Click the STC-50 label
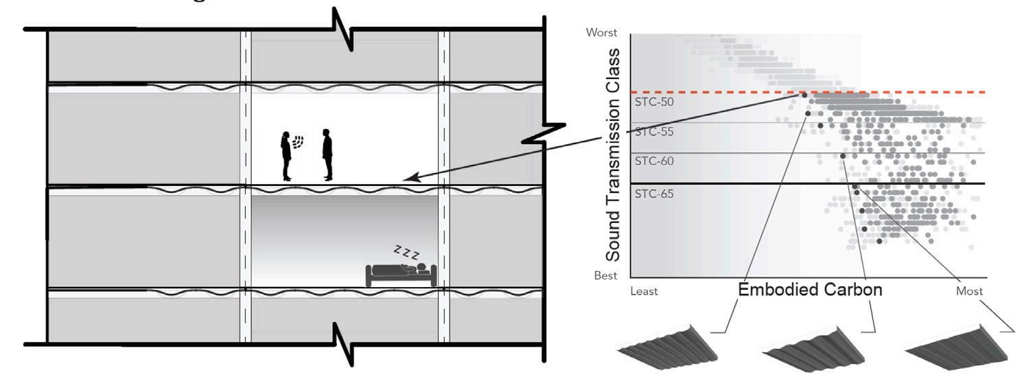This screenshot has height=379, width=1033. pos(654,102)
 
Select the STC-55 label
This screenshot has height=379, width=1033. pos(654,131)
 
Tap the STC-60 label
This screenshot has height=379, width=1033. pos(654,161)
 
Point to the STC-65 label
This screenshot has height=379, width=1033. pos(654,194)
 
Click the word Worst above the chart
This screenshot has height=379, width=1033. pos(601,32)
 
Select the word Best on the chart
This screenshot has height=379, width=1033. pos(605,276)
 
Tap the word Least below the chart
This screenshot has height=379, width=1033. pos(644,291)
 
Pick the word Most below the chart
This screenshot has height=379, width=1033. pos(969,291)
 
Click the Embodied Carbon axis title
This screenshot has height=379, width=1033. pos(810,290)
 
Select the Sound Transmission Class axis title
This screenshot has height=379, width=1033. pos(613,155)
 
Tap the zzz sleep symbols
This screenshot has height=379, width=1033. pos(406,252)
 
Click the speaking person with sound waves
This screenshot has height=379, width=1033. pos(286,156)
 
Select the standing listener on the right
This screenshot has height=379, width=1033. pos(327,154)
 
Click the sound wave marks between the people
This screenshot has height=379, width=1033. pos(298,142)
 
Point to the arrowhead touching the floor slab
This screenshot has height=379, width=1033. pos(410,178)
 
